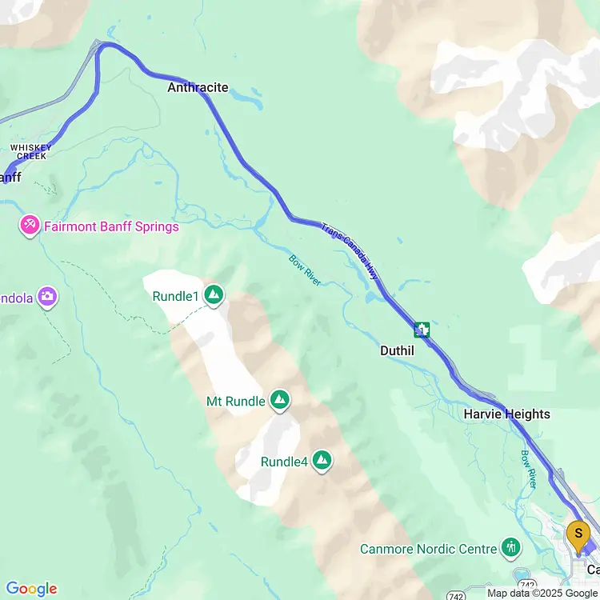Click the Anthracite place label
coord(198,88)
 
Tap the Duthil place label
coord(397,350)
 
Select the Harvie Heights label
coord(506,414)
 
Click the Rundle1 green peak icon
coord(214,296)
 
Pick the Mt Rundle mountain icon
coord(279,400)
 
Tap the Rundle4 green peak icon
coord(322,460)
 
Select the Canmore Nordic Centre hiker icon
coord(510,548)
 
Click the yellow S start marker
coord(578,534)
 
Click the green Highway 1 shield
coord(422,329)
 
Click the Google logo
coord(31,589)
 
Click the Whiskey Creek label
coord(30,151)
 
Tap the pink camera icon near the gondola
coord(47,298)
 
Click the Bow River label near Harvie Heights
coord(529,469)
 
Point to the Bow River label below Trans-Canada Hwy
coord(305,270)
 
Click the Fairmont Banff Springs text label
coord(111,226)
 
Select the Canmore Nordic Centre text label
coord(428,549)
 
